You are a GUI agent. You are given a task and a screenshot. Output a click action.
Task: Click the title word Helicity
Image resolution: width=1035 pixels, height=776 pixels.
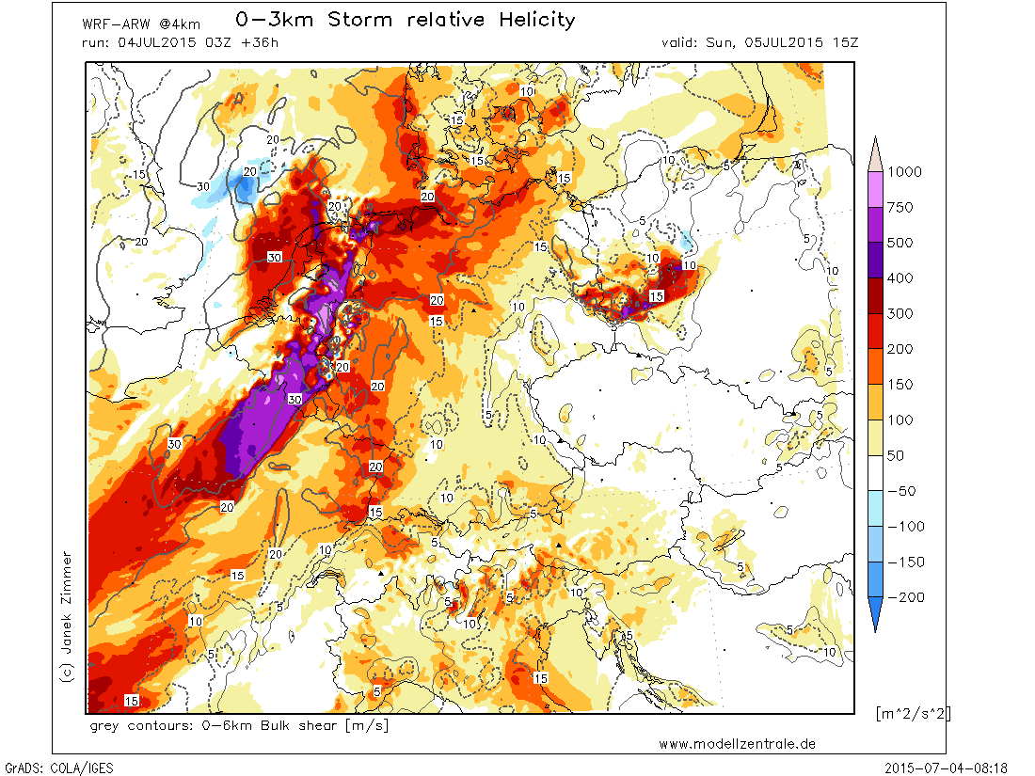[x=536, y=20]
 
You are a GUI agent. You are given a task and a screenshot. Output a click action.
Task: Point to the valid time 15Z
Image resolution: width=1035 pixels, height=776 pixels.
[x=845, y=42]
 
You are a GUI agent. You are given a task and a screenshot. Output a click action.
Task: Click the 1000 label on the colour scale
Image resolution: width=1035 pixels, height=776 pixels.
[x=904, y=172]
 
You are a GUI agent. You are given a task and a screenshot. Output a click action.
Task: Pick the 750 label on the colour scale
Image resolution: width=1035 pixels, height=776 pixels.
[x=900, y=208]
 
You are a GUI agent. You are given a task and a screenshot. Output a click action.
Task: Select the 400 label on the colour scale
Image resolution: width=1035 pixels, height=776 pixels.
[x=900, y=278]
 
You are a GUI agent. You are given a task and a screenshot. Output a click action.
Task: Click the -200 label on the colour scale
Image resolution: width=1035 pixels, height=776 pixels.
[x=904, y=598]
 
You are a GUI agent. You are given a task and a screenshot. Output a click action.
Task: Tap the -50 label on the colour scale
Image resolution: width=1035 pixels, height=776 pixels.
[x=900, y=492]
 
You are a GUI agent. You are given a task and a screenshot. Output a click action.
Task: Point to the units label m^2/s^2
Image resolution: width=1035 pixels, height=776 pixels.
[x=913, y=713]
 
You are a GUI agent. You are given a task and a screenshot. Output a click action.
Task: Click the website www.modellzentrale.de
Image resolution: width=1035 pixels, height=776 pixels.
[x=738, y=744]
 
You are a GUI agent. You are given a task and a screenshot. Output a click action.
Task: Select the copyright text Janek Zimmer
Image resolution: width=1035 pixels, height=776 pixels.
[x=66, y=602]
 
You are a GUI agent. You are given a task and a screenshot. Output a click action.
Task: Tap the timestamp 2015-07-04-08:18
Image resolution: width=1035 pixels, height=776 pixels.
[x=946, y=768]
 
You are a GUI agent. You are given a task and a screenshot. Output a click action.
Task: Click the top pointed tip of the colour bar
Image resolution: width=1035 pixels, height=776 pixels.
[x=875, y=137]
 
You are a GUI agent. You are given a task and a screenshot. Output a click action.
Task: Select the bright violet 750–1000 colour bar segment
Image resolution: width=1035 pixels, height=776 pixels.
[x=875, y=190]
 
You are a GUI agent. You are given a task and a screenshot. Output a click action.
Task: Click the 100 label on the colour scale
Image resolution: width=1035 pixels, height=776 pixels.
[x=900, y=420]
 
